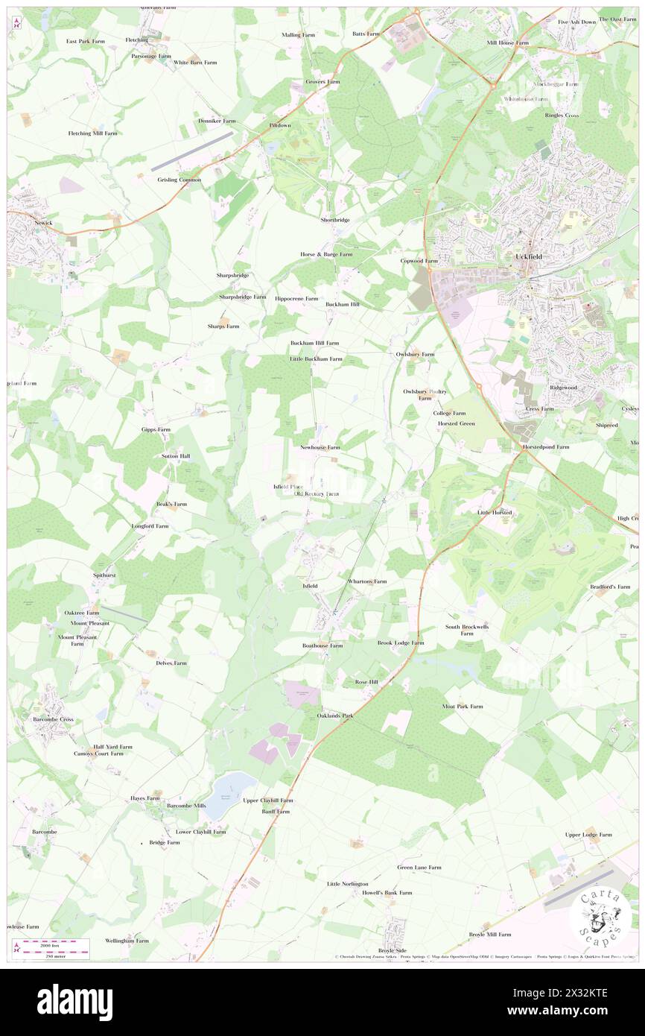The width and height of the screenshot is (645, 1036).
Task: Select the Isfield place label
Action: pyautogui.click(x=311, y=586)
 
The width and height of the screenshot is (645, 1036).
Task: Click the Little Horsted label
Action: pyautogui.click(x=495, y=513)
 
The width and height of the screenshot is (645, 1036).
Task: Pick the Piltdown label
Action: pyautogui.click(x=280, y=125)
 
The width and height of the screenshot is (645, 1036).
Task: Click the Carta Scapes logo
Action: pyautogui.click(x=596, y=915)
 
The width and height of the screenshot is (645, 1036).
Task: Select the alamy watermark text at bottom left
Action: pyautogui.click(x=74, y=1002)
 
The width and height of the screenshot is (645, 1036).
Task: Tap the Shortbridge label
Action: pyautogui.click(x=335, y=220)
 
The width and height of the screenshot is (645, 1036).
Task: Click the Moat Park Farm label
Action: pyautogui.click(x=462, y=706)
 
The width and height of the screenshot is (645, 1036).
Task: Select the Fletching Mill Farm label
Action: pyautogui.click(x=93, y=133)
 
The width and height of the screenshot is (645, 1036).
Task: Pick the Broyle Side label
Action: pyautogui.click(x=393, y=950)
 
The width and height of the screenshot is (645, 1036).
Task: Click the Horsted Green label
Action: pyautogui.click(x=456, y=424)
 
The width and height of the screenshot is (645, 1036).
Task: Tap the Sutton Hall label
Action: pyautogui.click(x=176, y=455)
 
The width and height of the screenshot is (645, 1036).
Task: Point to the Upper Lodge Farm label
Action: pyautogui.click(x=588, y=835)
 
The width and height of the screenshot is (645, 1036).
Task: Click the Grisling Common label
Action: pyautogui.click(x=179, y=180)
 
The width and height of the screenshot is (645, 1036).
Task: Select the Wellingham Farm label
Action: pyautogui.click(x=127, y=941)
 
